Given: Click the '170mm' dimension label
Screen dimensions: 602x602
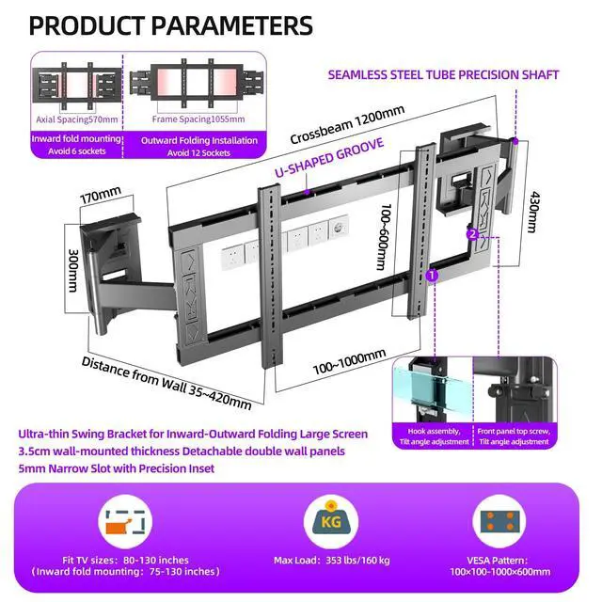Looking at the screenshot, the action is (101, 198).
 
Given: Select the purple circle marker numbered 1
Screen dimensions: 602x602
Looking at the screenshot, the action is (433, 276).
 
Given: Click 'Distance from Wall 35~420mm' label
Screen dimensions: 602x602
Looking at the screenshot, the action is (166, 383).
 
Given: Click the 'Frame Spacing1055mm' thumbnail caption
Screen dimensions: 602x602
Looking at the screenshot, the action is (198, 119).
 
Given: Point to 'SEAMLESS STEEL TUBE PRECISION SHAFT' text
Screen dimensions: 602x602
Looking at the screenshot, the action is (443, 74).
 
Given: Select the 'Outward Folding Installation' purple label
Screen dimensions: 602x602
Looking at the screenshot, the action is (198, 140).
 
